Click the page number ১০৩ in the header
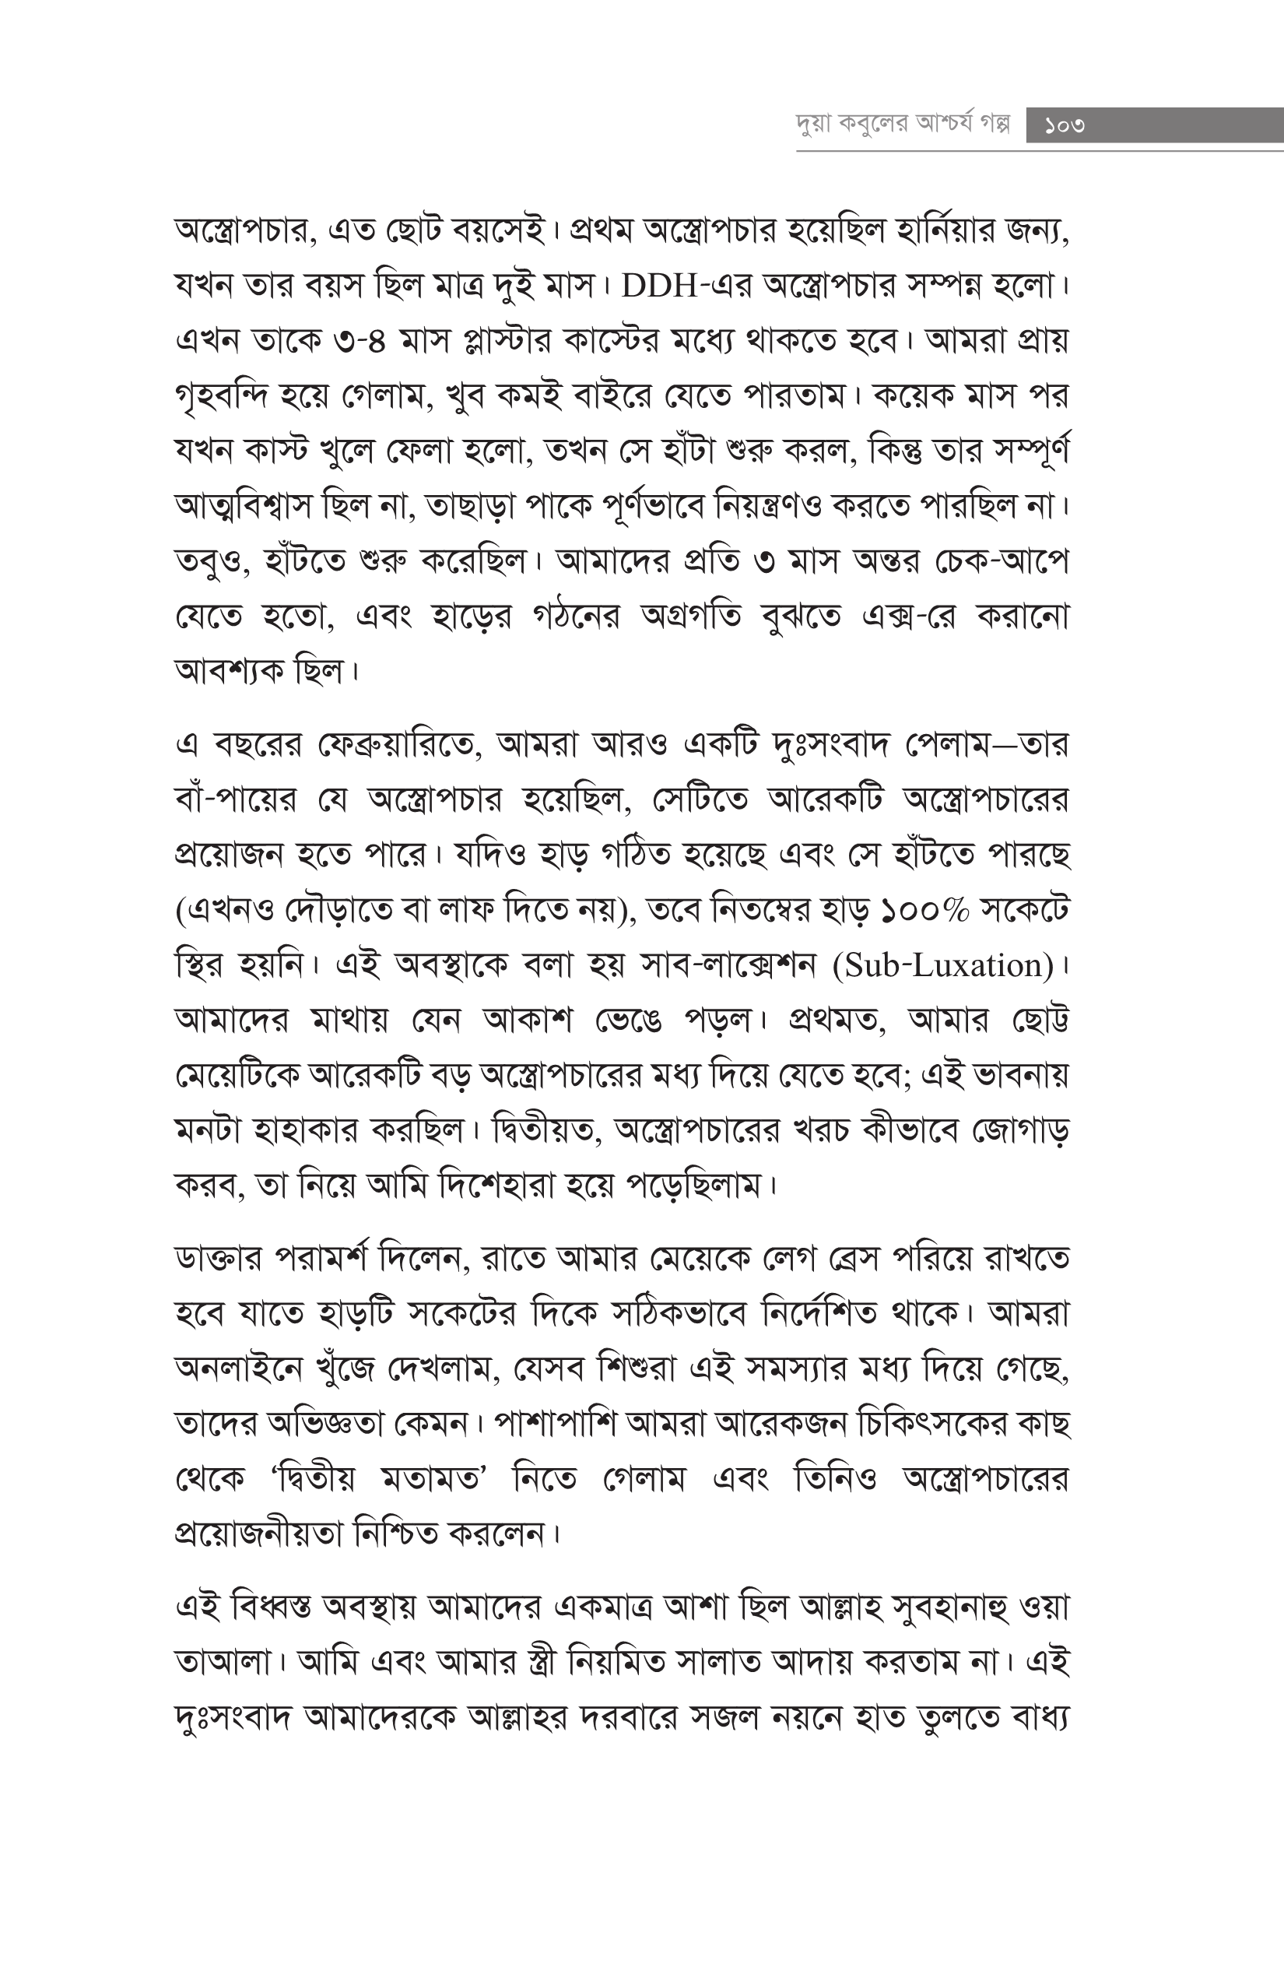coord(1065,126)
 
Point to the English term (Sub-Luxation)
coord(943,965)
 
